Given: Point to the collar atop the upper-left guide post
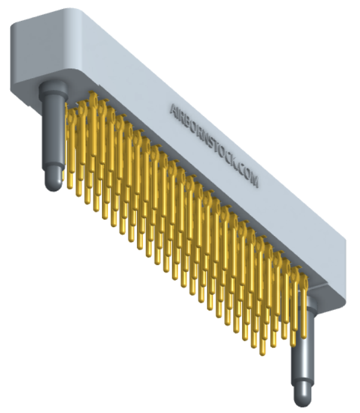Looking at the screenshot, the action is click(54, 88).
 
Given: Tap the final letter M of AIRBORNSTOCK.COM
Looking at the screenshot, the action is click(254, 181).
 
